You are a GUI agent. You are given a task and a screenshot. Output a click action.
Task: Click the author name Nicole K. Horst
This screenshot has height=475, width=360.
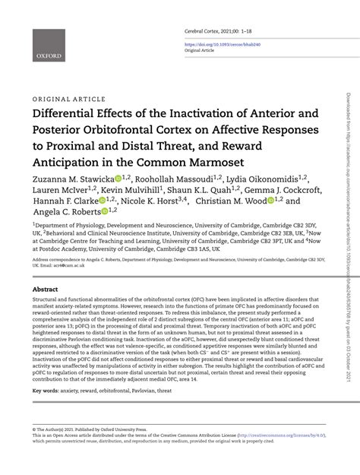tap(151, 201)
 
